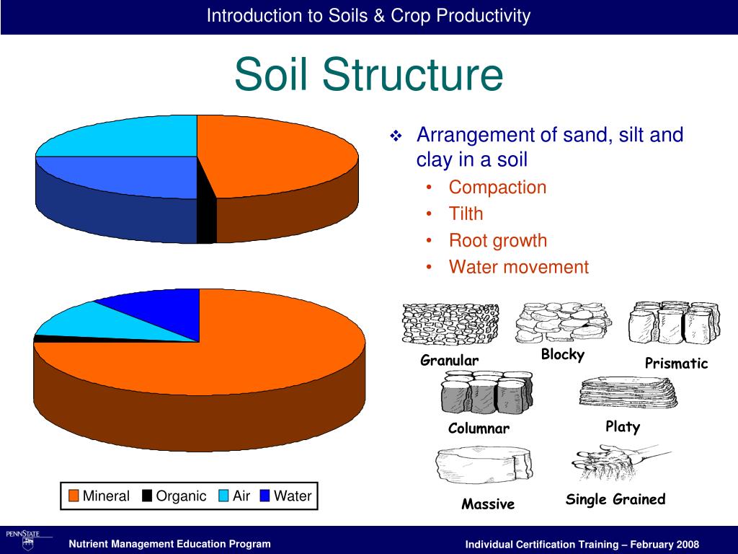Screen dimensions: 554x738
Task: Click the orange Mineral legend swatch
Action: [74, 496]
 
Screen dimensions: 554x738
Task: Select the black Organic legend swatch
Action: [147, 496]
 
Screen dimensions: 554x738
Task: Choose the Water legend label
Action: [293, 496]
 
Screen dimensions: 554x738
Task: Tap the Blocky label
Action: [562, 355]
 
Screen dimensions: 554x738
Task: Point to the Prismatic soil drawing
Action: [674, 323]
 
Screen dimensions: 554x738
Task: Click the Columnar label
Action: [479, 428]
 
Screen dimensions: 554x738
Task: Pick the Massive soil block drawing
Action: [484, 466]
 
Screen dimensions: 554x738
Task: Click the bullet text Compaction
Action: [497, 188]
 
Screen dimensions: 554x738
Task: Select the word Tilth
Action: [466, 214]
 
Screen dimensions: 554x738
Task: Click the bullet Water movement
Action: [518, 268]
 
